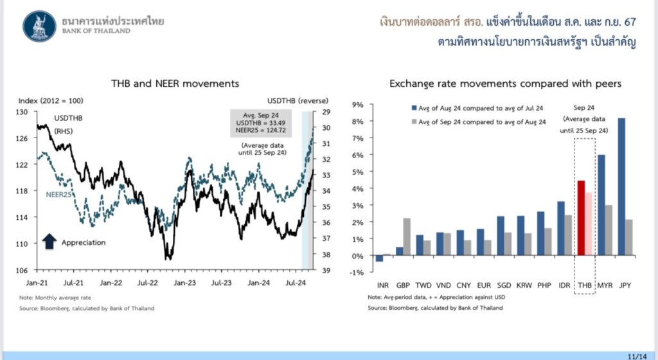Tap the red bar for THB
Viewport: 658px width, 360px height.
click(x=581, y=218)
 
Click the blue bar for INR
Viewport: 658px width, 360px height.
click(x=379, y=258)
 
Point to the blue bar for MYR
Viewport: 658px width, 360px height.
click(x=601, y=205)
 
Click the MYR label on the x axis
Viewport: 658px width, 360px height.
click(x=605, y=284)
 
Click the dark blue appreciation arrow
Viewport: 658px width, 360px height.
click(x=49, y=242)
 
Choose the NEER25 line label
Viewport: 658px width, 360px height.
click(x=58, y=193)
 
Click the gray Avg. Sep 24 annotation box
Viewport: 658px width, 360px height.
click(x=260, y=123)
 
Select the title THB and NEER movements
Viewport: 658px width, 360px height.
click(x=166, y=84)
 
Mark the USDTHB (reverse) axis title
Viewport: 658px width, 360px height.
click(x=298, y=101)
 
